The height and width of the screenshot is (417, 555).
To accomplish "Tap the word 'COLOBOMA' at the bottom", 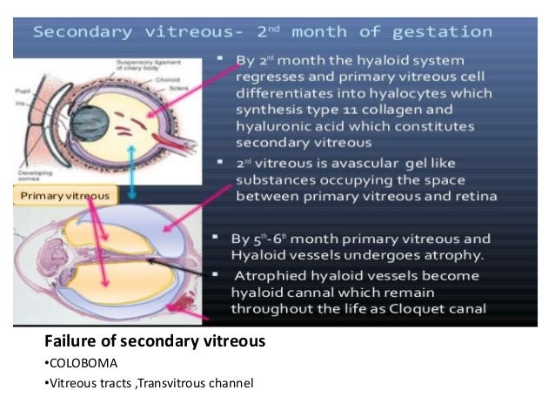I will [81, 363].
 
